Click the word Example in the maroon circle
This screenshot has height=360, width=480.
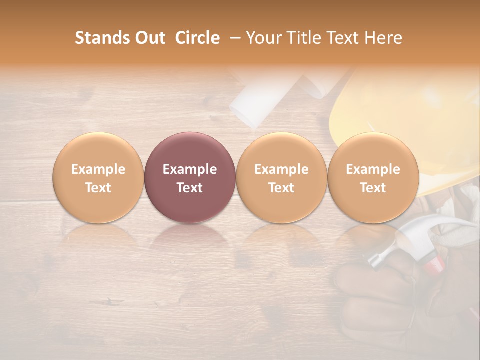[190, 169]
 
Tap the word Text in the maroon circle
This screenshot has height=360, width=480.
[190, 188]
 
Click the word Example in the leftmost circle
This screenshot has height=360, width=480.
[98, 169]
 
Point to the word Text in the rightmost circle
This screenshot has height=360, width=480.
[373, 188]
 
